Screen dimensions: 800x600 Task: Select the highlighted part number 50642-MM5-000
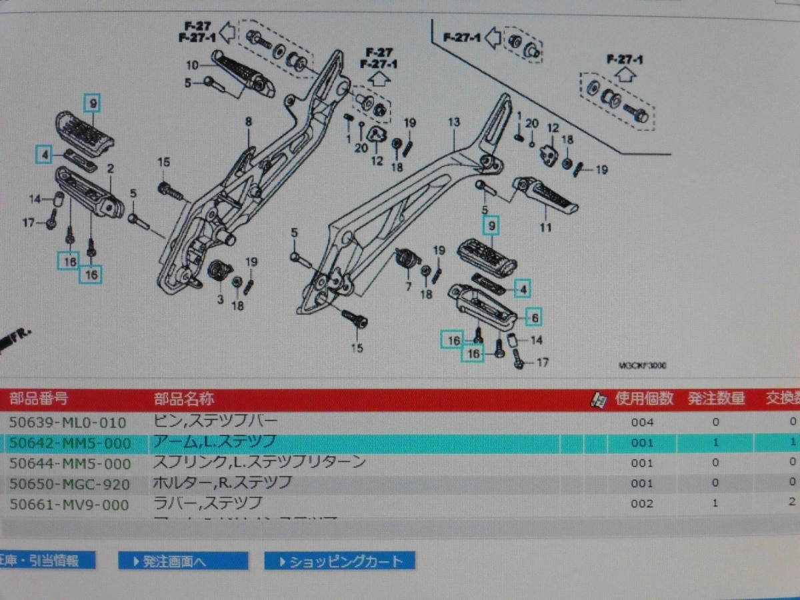69,443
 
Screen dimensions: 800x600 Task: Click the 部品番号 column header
38,399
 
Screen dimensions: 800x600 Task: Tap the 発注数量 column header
716,399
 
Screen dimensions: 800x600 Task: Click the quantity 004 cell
642,422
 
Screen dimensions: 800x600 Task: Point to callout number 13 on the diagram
454,123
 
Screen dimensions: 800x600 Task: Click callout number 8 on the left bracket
248,121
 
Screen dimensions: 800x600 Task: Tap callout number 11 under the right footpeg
546,228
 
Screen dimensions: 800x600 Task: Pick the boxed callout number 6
535,317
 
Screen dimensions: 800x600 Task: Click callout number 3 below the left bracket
220,300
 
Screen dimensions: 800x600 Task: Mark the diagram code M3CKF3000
643,365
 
